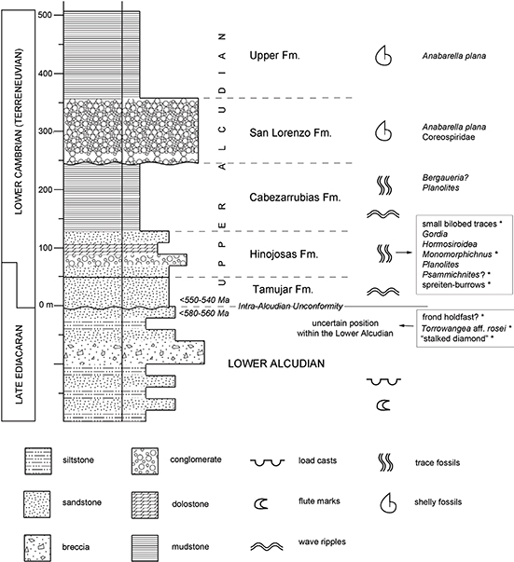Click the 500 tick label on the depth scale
45,15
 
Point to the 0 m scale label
46,305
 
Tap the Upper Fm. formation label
274,56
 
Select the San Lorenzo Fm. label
290,133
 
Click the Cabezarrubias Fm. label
295,198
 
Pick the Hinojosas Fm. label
284,254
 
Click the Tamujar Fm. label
283,289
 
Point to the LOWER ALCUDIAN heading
276,363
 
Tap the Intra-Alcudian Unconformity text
290,307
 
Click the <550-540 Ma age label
205,299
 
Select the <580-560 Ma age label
205,313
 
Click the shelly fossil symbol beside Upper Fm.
383,56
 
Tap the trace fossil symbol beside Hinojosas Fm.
384,254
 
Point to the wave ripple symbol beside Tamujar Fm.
383,292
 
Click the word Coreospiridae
449,137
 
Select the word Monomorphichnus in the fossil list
457,254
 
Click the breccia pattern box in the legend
37,548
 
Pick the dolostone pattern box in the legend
145,505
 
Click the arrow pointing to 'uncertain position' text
407,326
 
